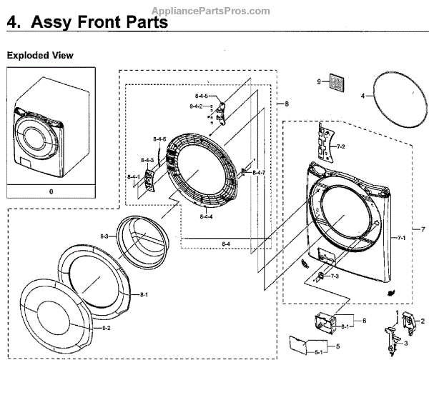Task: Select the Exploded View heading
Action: [40, 55]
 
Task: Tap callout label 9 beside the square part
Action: [320, 83]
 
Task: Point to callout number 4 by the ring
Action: [363, 94]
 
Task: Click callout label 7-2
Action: [340, 146]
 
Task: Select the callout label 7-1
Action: [401, 237]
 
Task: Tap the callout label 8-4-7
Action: [258, 173]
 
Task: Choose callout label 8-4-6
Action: [159, 139]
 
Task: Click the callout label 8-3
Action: [104, 236]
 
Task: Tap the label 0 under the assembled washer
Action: [51, 191]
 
